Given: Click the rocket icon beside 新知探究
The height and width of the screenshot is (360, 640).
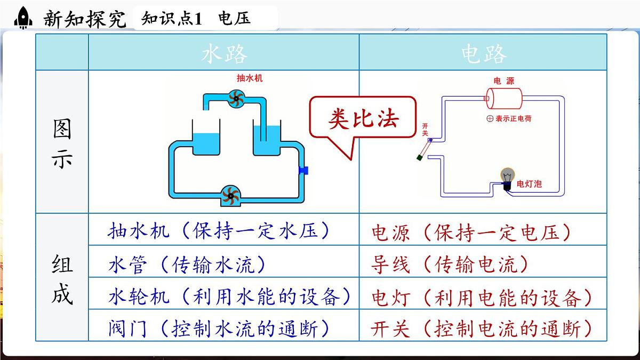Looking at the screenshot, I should [x=23, y=18].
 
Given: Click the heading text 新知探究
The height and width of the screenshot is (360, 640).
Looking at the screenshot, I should [x=84, y=19].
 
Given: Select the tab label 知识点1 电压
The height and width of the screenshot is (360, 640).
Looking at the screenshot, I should [x=196, y=19].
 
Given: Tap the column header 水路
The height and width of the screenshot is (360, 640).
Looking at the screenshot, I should [x=224, y=54].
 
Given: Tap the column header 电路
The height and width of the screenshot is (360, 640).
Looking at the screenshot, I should [x=483, y=54].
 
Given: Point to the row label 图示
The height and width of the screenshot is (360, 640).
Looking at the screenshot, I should [x=62, y=143].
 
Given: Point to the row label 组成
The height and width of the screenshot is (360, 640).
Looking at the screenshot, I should [x=62, y=277].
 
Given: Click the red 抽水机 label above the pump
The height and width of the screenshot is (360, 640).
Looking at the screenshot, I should [x=250, y=78].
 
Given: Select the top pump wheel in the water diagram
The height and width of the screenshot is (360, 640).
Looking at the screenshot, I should [x=235, y=99].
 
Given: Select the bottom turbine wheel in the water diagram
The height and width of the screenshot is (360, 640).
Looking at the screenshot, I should [x=230, y=195].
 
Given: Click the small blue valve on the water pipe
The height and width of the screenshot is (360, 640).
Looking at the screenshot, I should [x=303, y=170].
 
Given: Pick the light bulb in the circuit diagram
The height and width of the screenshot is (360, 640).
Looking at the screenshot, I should [x=507, y=178].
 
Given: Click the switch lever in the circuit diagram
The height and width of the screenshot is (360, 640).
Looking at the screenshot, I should [x=425, y=149].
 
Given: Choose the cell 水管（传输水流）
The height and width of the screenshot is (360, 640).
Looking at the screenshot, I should [x=187, y=265].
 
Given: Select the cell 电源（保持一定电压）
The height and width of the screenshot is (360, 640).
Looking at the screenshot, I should [x=471, y=233].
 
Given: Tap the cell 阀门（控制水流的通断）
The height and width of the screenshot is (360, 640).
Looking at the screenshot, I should [x=219, y=329].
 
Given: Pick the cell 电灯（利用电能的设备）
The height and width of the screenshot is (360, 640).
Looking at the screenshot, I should [x=482, y=297].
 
